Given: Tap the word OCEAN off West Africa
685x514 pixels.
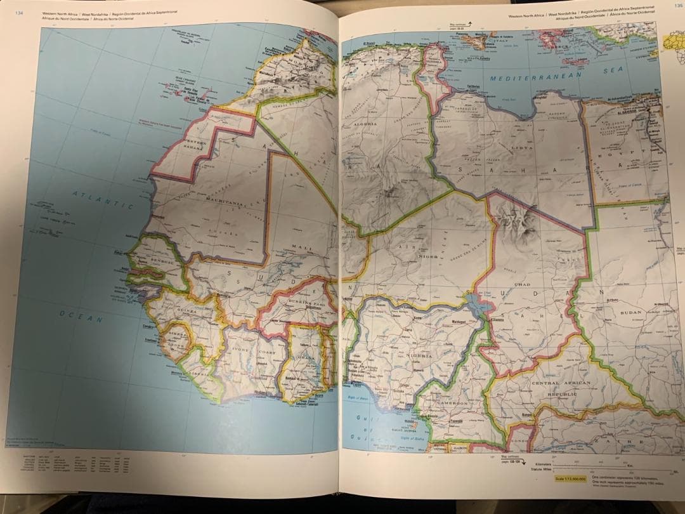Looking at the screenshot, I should [82, 316].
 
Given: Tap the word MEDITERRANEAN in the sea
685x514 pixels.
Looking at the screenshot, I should [537, 77].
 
